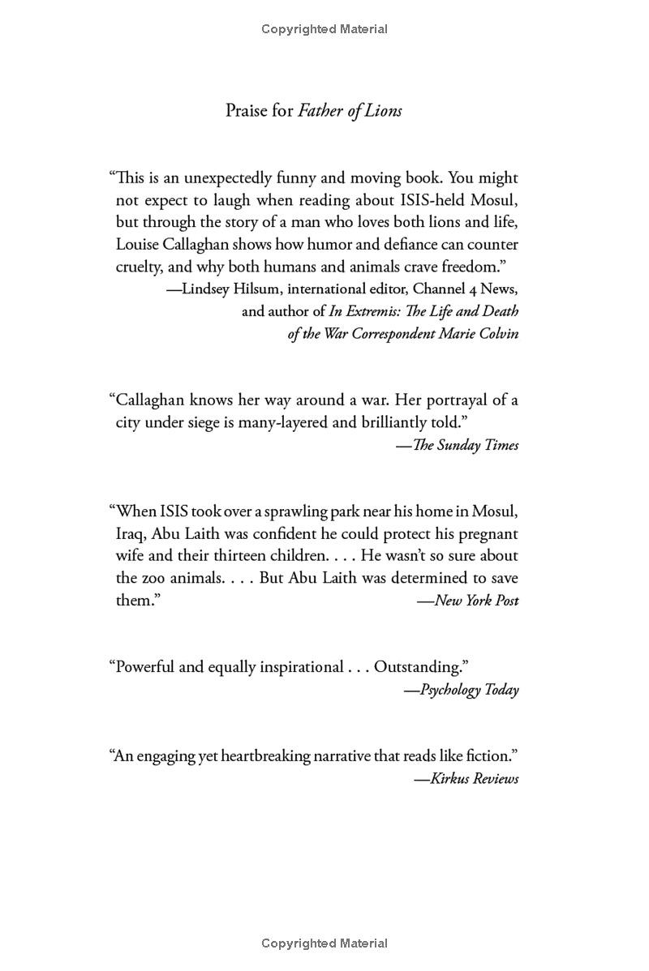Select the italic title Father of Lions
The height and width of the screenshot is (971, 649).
click(x=350, y=111)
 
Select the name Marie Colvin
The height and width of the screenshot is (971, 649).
click(x=478, y=334)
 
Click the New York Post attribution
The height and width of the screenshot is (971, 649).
click(x=476, y=601)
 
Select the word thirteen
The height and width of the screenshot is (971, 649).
click(x=242, y=556)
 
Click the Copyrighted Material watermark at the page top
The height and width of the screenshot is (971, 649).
click(x=324, y=29)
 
